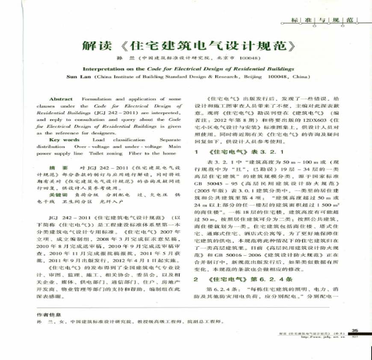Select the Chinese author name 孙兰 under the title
pos(129,58)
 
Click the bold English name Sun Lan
pos(77,77)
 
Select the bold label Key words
pos(65,140)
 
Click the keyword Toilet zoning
pos(103,153)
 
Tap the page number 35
pos(355,329)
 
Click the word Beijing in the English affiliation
pos(250,77)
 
